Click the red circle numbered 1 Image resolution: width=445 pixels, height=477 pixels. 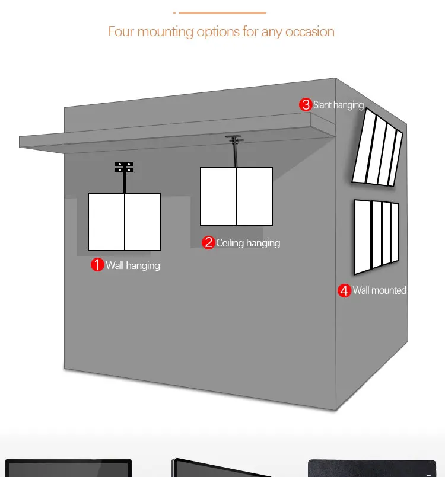(x=97, y=265)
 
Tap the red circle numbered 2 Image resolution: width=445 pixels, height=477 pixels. (x=208, y=243)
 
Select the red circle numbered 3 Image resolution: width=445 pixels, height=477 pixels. (x=306, y=105)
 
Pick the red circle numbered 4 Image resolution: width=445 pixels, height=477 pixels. (x=345, y=290)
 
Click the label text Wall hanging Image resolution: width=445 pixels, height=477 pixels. (x=133, y=265)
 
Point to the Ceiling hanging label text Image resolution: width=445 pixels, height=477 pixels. (x=248, y=244)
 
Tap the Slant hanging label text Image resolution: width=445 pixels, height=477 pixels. (x=338, y=105)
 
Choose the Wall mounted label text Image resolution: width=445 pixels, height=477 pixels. (x=380, y=290)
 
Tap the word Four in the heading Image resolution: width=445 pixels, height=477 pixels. (x=121, y=31)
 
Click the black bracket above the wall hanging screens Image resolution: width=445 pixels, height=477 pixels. (x=124, y=167)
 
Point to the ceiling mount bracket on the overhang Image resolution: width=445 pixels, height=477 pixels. (x=234, y=139)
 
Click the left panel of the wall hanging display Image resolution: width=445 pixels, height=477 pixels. (x=106, y=222)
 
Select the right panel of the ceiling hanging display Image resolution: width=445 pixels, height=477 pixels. (x=255, y=197)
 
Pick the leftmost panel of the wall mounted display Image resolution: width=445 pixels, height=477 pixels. (x=363, y=237)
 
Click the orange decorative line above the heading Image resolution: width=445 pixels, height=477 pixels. (x=223, y=13)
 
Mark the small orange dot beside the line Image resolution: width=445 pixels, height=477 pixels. (x=174, y=13)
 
